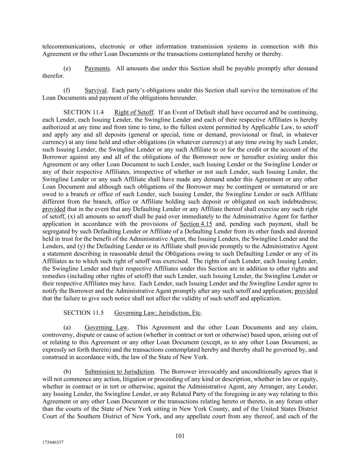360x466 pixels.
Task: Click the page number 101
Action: [180, 436]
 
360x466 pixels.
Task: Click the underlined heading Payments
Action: [97, 68]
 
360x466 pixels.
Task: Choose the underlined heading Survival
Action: [96, 90]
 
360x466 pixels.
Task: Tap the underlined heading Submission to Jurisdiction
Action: [119, 372]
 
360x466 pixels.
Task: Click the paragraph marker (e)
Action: [67, 68]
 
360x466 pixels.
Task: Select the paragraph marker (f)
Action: [67, 90]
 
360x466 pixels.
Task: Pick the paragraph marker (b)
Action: [67, 372]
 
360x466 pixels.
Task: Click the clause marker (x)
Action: [72, 216]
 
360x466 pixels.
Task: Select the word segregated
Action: [55, 231]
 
